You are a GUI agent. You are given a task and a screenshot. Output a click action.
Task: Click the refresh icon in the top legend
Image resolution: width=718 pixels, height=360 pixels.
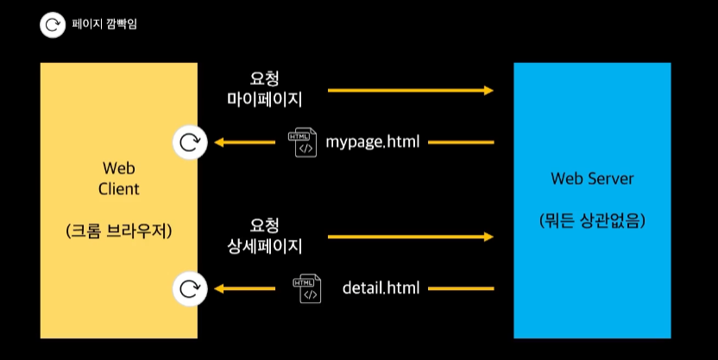tap(52, 25)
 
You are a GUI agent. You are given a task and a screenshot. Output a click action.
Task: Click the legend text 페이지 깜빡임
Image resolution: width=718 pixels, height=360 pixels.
tap(104, 24)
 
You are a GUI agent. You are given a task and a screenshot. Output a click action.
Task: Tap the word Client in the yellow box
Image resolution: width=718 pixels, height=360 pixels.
tap(119, 188)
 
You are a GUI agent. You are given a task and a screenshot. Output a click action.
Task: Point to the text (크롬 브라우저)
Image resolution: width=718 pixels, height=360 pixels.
tap(119, 231)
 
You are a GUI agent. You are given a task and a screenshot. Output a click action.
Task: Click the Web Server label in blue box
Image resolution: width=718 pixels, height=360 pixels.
tap(592, 179)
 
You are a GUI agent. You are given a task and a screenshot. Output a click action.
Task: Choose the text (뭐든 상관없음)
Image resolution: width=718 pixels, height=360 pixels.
tap(592, 220)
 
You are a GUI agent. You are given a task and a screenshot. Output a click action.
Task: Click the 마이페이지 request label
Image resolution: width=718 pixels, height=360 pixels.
tap(264, 100)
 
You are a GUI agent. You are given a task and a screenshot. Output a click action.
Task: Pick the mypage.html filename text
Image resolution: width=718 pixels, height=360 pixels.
tap(373, 141)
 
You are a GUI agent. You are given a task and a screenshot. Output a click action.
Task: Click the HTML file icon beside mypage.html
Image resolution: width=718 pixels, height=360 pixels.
tap(303, 142)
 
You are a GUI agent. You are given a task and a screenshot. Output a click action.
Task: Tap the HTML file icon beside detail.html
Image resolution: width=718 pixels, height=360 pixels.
tap(306, 287)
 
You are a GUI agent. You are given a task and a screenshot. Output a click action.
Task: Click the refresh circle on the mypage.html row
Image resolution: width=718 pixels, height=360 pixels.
tap(189, 142)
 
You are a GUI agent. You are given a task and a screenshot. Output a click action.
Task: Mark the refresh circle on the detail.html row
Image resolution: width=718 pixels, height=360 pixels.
tap(189, 288)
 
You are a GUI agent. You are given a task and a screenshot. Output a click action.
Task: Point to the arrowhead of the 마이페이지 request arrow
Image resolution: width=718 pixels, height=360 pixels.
tap(488, 90)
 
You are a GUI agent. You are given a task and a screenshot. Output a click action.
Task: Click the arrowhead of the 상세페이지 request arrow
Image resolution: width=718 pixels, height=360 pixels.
tap(488, 236)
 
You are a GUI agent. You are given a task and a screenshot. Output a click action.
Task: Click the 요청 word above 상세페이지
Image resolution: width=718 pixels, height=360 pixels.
tap(264, 224)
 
